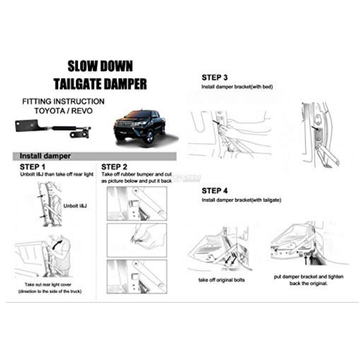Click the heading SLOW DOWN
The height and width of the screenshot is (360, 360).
click(x=100, y=66)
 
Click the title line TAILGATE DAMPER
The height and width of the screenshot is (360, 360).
click(x=100, y=84)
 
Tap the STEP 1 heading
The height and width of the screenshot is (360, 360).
click(x=32, y=167)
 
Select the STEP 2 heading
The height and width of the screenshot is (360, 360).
click(x=114, y=167)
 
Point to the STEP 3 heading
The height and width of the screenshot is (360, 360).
click(x=214, y=77)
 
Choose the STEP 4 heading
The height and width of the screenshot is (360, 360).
click(x=214, y=191)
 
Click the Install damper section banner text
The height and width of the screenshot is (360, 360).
click(x=45, y=156)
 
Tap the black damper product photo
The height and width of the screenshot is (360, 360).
click(x=53, y=129)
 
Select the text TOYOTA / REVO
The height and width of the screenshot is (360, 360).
click(x=63, y=111)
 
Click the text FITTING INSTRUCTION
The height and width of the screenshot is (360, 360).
click(x=63, y=102)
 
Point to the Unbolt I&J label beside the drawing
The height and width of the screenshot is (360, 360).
click(x=75, y=206)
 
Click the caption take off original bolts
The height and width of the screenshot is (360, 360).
click(x=222, y=280)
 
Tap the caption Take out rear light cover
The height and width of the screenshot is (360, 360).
click(x=48, y=285)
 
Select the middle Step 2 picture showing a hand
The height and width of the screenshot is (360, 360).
click(x=137, y=240)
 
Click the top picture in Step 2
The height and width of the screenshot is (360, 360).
click(x=137, y=204)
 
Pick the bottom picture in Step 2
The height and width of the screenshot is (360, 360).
click(x=137, y=277)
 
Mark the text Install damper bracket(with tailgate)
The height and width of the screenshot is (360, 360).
click(x=241, y=200)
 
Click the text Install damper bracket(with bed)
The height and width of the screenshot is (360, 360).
click(x=237, y=87)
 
